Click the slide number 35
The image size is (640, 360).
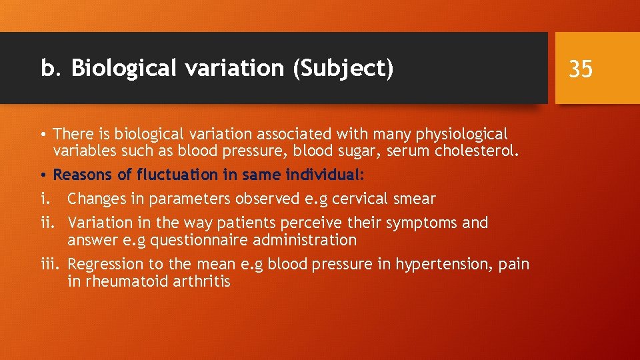581,68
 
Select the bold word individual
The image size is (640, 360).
322,175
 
